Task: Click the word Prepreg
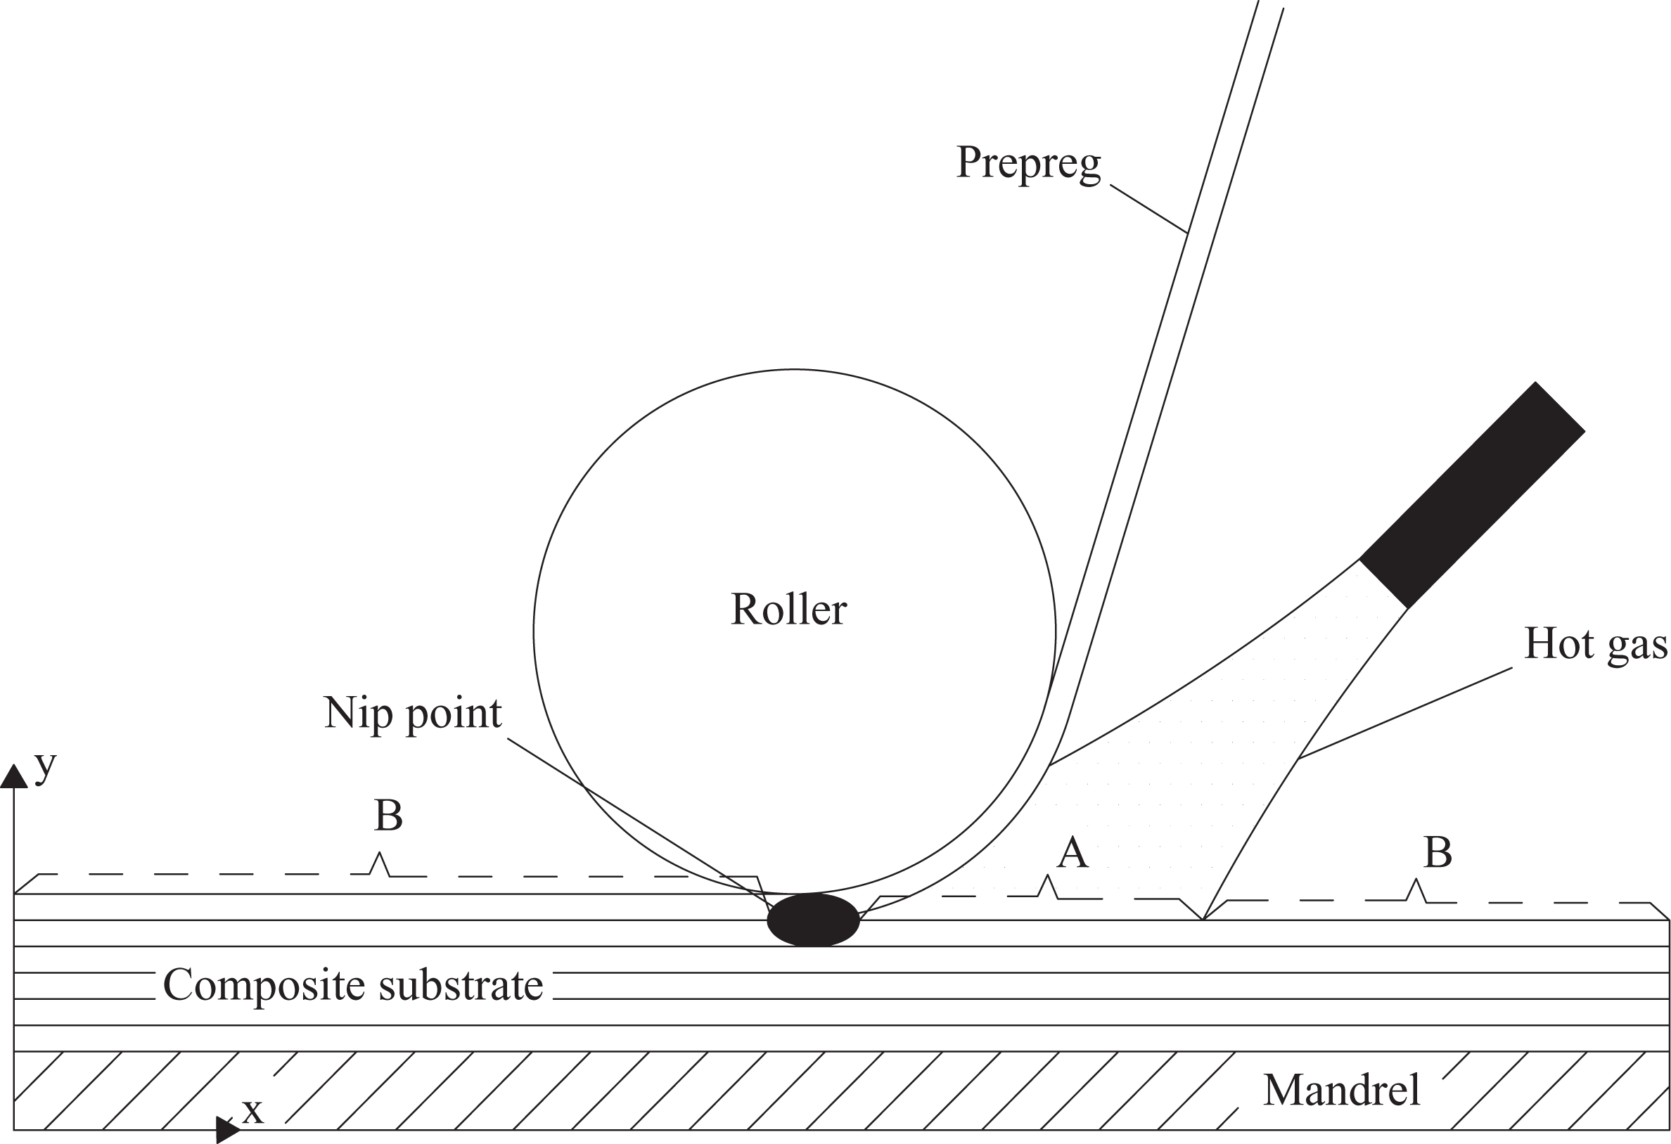click(1028, 165)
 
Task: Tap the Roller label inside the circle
click(789, 609)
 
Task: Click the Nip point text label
click(413, 713)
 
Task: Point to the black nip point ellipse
click(813, 919)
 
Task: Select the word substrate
click(461, 985)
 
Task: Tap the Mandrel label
click(1342, 1090)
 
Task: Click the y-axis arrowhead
click(13, 776)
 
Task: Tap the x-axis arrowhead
click(229, 1130)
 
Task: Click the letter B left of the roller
click(388, 816)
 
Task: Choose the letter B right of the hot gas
click(1438, 853)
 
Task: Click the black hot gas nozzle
click(1473, 496)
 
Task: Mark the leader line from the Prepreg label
click(1148, 210)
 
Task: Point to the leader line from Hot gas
click(1405, 713)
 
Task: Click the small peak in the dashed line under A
click(1048, 877)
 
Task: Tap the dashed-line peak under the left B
click(379, 854)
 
